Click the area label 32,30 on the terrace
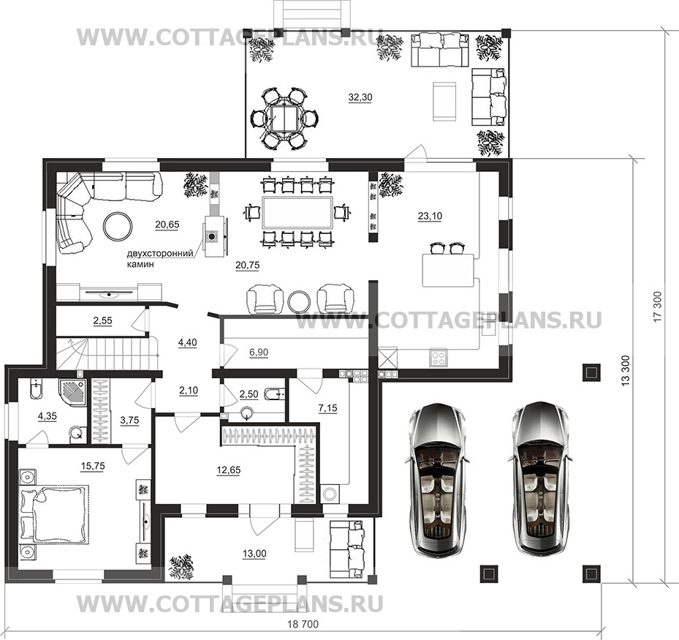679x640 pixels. (x=360, y=97)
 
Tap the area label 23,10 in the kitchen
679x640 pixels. (x=430, y=216)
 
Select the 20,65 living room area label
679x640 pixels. (x=167, y=225)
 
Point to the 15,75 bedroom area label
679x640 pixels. (x=93, y=466)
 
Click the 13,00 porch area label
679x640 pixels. (x=254, y=554)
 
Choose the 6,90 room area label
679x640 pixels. (x=259, y=353)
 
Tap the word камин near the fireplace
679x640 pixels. (x=140, y=264)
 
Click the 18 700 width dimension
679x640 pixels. (x=303, y=624)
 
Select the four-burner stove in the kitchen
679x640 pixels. (x=439, y=358)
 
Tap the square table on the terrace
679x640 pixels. (x=283, y=118)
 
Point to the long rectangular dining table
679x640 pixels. (x=297, y=212)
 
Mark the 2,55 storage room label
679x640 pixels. (x=102, y=320)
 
